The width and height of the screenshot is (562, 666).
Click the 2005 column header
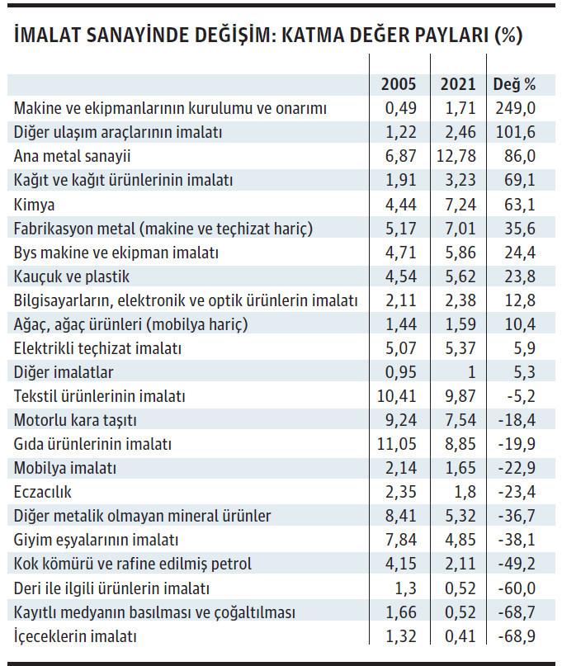pyautogui.click(x=399, y=84)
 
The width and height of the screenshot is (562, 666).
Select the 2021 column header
pyautogui.click(x=458, y=84)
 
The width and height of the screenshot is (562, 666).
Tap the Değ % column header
pyautogui.click(x=514, y=84)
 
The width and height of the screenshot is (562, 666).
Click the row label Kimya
pyautogui.click(x=35, y=204)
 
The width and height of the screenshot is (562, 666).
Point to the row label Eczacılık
pyautogui.click(x=44, y=492)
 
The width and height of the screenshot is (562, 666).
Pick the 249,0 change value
pyautogui.click(x=516, y=108)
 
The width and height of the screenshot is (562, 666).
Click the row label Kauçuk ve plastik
pyautogui.click(x=72, y=276)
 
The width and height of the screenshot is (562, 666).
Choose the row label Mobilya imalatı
pyautogui.click(x=66, y=468)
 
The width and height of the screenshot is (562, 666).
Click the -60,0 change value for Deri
pyautogui.click(x=516, y=588)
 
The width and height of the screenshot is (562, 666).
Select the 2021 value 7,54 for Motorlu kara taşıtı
pyautogui.click(x=459, y=420)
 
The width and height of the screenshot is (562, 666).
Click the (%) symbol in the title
pyautogui.click(x=508, y=37)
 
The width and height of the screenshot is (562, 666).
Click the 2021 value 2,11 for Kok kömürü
pyautogui.click(x=459, y=564)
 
